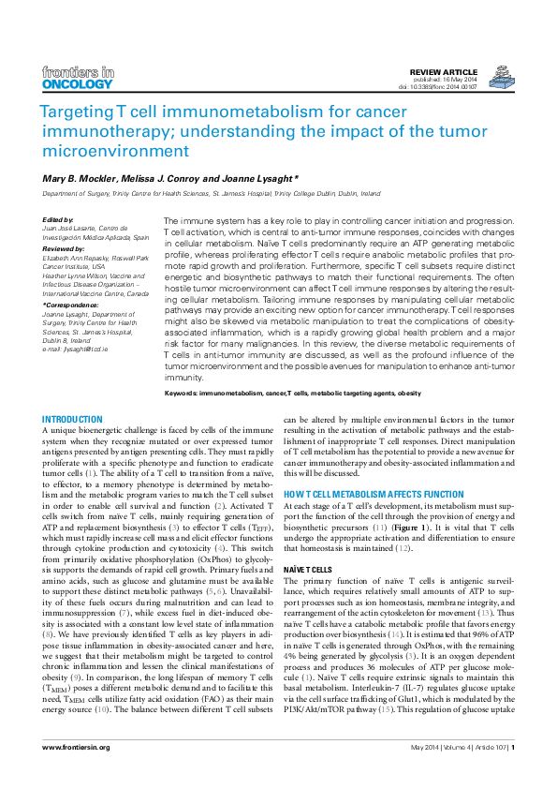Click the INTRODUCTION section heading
[x=73, y=419]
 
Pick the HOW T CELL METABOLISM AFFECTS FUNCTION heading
[x=368, y=493]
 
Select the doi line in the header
[x=438, y=88]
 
